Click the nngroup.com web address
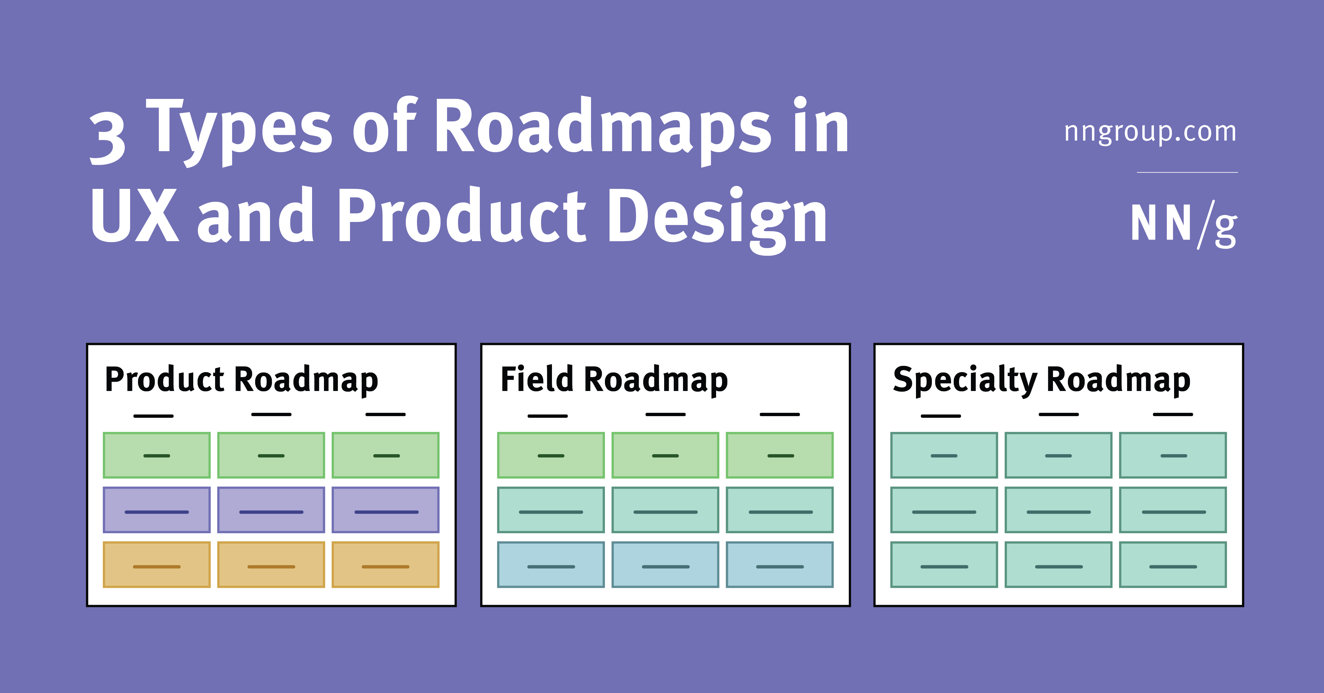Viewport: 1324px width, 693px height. [1150, 132]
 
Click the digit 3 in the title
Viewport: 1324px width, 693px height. [108, 139]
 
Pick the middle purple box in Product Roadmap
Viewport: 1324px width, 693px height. [271, 510]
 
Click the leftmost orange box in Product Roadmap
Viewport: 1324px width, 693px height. [157, 564]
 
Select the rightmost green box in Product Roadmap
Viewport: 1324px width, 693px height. [386, 455]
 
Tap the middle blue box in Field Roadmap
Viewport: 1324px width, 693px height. [665, 564]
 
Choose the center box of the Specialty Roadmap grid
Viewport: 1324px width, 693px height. [1058, 510]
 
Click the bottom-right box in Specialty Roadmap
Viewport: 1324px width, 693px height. [1173, 564]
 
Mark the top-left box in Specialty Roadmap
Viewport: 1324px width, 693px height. [944, 455]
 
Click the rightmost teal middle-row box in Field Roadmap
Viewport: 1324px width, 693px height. [780, 510]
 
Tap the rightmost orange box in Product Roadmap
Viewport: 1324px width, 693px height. [386, 564]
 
